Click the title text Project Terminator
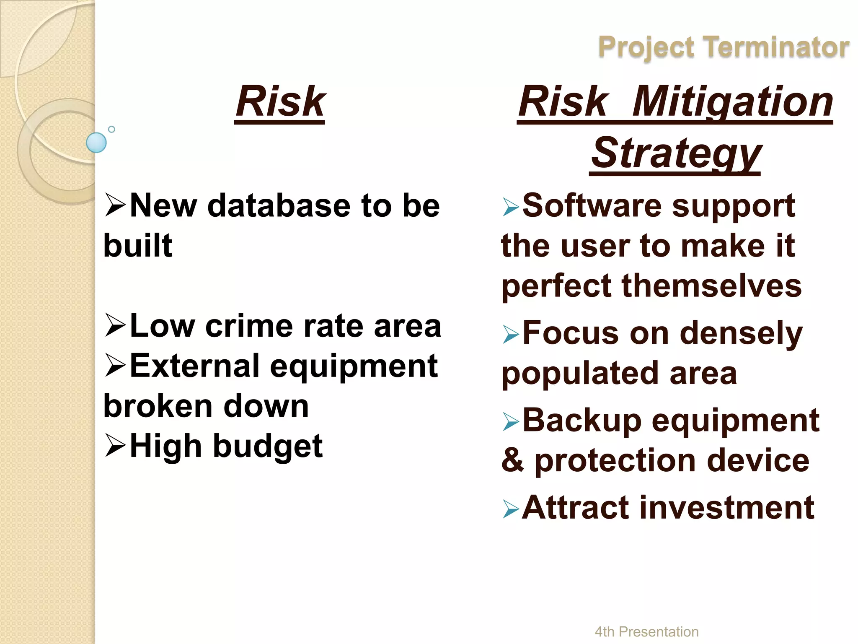tap(723, 47)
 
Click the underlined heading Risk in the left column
tap(280, 101)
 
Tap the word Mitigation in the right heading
tap(732, 101)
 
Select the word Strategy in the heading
tap(675, 153)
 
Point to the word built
tap(138, 245)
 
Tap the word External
tap(195, 366)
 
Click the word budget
tap(268, 446)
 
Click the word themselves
tap(711, 286)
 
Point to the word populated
tap(580, 373)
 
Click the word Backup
tap(581, 420)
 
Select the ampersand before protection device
tap(513, 460)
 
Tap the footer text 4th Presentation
tap(646, 631)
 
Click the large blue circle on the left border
tap(96, 143)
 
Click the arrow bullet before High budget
tap(116, 445)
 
